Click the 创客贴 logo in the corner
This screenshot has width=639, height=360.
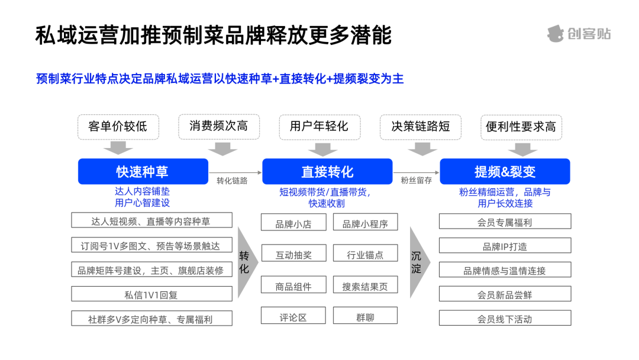point(579,34)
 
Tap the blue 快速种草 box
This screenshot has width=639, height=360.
point(143,172)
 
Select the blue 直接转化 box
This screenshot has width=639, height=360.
point(327,172)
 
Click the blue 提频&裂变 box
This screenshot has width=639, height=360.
point(505,172)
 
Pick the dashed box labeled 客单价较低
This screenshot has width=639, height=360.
point(118,127)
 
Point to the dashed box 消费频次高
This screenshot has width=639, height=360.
point(219,126)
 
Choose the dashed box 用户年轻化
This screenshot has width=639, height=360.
point(319,127)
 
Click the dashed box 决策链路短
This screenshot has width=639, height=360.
point(421,127)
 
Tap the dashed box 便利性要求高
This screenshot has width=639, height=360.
point(521,127)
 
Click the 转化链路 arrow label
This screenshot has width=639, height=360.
point(232,181)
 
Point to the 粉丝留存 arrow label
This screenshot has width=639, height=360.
point(416,180)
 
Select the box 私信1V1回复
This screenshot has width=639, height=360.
point(151,294)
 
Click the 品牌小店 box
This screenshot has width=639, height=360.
point(293,223)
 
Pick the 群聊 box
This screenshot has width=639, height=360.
point(365,316)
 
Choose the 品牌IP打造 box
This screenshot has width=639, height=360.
point(505,246)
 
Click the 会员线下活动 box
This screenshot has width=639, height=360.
point(505,318)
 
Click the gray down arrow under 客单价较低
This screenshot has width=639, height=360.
point(118,147)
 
